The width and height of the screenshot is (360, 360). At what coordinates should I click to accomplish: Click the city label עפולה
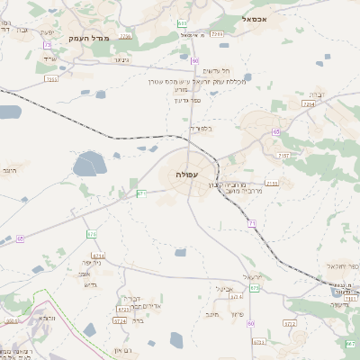187,174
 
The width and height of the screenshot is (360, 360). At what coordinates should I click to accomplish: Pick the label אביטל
225,289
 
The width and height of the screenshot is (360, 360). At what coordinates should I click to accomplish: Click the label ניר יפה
91,273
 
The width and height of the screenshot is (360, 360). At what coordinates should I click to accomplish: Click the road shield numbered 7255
51,79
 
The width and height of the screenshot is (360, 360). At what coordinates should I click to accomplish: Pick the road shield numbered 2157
283,156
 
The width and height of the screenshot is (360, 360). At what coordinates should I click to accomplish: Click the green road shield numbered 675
255,288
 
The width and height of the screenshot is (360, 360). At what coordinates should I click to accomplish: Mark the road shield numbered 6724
120,320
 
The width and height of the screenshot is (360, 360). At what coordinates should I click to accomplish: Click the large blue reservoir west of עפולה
89,164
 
